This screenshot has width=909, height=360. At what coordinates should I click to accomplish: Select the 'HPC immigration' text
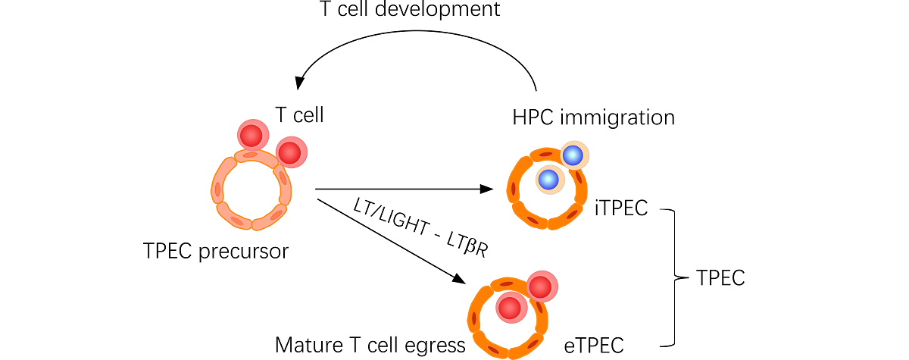[x=593, y=117]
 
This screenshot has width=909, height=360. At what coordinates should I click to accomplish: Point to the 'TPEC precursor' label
[x=216, y=251]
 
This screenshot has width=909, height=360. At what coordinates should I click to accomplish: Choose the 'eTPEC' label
[x=594, y=346]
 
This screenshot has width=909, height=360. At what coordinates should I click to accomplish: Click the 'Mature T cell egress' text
[x=370, y=346]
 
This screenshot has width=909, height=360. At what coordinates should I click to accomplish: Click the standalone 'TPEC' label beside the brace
[x=720, y=278]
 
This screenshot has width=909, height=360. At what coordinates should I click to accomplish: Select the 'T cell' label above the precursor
[x=298, y=115]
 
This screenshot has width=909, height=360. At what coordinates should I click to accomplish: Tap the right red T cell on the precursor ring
[x=290, y=152]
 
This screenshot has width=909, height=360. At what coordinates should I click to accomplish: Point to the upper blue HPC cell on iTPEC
[x=573, y=155]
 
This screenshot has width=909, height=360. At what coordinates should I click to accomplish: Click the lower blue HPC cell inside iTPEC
[x=548, y=180]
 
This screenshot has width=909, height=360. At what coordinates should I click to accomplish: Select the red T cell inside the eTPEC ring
[x=510, y=308]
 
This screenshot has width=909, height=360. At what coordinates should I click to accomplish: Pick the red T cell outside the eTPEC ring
[x=541, y=287]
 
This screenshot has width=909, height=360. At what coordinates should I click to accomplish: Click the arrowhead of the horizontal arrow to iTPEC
[x=486, y=189]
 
